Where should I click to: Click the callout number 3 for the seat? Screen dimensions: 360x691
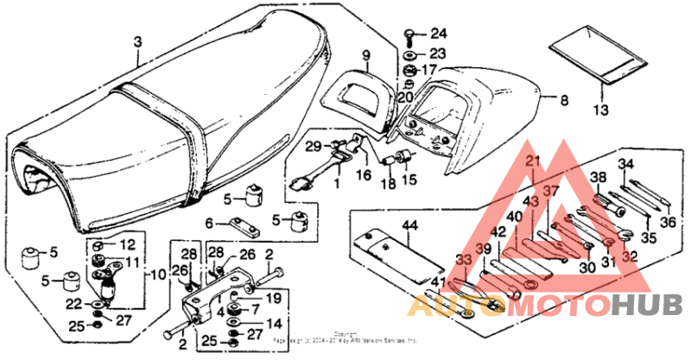click(x=137, y=42)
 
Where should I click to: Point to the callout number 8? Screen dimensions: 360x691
click(x=563, y=101)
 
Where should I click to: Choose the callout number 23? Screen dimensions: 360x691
click(x=438, y=54)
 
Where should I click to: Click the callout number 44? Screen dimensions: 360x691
click(x=409, y=225)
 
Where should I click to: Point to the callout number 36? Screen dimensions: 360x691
click(x=666, y=222)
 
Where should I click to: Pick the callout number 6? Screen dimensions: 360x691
click(x=208, y=223)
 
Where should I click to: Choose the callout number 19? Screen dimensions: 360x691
click(x=275, y=299)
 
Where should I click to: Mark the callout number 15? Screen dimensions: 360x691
click(x=408, y=180)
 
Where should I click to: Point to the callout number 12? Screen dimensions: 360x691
click(x=127, y=245)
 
